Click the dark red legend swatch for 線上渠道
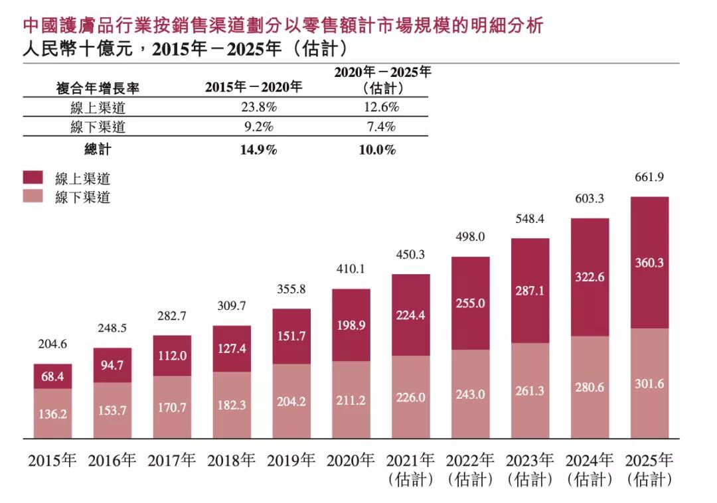[x=33, y=177]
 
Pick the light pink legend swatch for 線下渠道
[x=33, y=196]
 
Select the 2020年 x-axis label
[x=351, y=461]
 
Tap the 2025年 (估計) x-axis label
[x=649, y=469]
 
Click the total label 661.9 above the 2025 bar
[x=649, y=177]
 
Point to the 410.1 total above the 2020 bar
[x=351, y=269]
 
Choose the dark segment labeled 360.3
[x=649, y=263]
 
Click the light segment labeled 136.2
[x=53, y=413]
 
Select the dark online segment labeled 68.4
[x=53, y=376]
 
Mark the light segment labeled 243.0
[x=470, y=394]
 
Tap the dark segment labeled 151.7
[x=291, y=336]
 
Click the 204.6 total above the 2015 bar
[x=53, y=344]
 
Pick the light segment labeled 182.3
[x=232, y=405]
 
